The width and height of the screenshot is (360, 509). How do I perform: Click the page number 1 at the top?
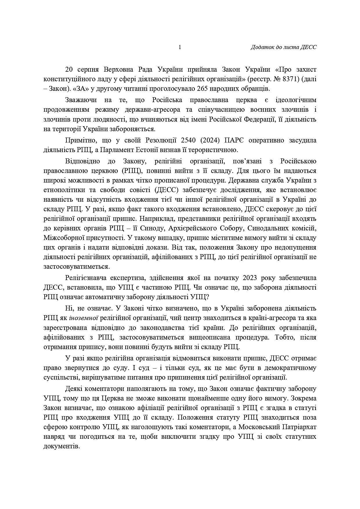click(180, 47)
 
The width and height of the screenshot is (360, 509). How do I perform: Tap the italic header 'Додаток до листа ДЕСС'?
click(283, 47)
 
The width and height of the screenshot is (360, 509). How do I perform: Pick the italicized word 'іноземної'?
click(83, 318)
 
